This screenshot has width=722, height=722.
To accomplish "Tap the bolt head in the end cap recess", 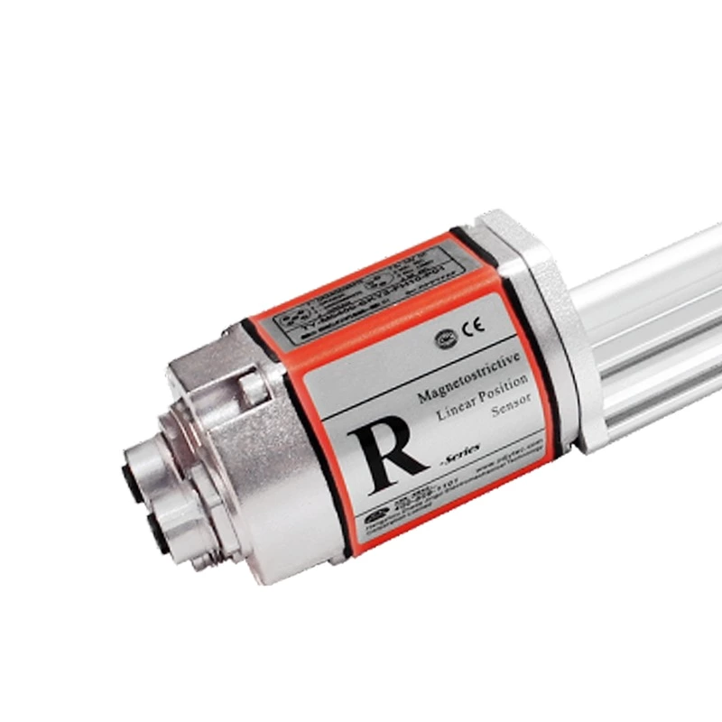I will pos(251,387).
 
